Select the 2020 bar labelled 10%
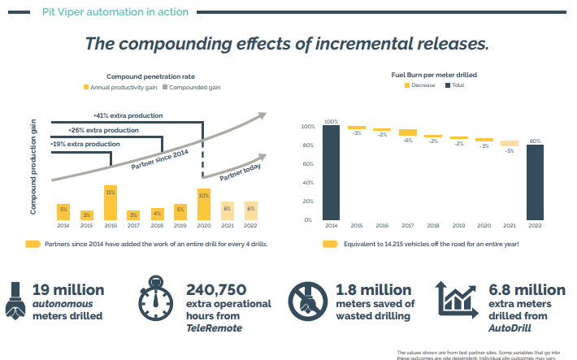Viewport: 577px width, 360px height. tap(204, 205)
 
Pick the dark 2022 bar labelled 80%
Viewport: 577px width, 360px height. tap(536, 182)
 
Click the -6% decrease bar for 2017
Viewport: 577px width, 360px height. tap(407, 132)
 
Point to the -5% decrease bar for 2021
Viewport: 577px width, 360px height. tap(510, 143)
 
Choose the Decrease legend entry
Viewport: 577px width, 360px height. tap(420, 85)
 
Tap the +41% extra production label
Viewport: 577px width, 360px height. tap(128, 115)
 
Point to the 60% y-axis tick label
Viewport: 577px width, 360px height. tap(307, 164)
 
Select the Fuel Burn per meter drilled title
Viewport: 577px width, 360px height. tap(433, 74)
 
